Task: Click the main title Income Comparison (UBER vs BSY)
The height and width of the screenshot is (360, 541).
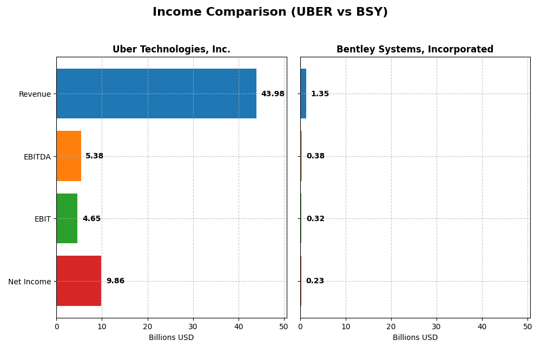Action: pyautogui.click(x=270, y=12)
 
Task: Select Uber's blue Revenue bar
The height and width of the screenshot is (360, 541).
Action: pyautogui.click(x=156, y=94)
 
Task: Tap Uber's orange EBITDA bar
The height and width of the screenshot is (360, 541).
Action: pyautogui.click(x=69, y=156)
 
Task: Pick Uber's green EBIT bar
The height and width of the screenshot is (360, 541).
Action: pyautogui.click(x=67, y=218)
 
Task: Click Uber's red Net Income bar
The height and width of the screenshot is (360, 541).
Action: pyautogui.click(x=79, y=281)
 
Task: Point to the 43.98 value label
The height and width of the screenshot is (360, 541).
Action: pyautogui.click(x=273, y=94)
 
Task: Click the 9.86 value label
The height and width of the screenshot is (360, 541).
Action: pyautogui.click(x=115, y=281)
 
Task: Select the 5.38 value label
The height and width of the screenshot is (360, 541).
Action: pyautogui.click(x=95, y=156)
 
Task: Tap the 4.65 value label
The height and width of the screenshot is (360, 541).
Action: pyautogui.click(x=91, y=219)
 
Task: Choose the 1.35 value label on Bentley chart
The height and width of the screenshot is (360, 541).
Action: pyautogui.click(x=320, y=94)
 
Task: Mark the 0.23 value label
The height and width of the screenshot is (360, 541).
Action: pyautogui.click(x=315, y=281)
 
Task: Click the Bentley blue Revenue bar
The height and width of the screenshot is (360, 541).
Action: pyautogui.click(x=304, y=94)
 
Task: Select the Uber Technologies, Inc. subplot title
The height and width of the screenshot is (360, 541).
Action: pyautogui.click(x=171, y=50)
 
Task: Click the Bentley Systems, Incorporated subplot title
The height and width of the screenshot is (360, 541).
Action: pyautogui.click(x=415, y=50)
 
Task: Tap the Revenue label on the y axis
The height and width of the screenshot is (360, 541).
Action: pyautogui.click(x=35, y=95)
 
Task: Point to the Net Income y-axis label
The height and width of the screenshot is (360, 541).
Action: pyautogui.click(x=30, y=282)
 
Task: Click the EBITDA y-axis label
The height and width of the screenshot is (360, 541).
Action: pyautogui.click(x=37, y=157)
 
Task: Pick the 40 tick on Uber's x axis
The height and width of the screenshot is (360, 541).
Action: pyautogui.click(x=239, y=326)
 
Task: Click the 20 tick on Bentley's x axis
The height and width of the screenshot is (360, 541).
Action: pyautogui.click(x=391, y=326)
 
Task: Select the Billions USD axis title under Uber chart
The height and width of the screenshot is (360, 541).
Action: pyautogui.click(x=171, y=338)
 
